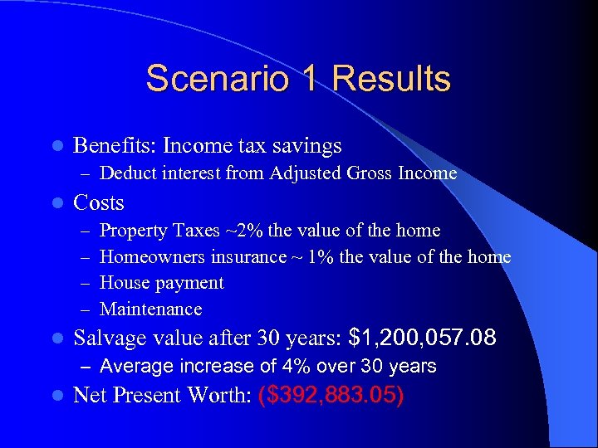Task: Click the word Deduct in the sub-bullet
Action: point(128,173)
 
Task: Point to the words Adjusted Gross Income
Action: point(364,173)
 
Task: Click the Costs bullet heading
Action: point(99,202)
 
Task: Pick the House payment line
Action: point(162,283)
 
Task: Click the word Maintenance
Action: point(151,309)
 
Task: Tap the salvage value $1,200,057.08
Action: point(424,338)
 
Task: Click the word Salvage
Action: point(108,338)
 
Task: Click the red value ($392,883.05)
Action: point(331,395)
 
